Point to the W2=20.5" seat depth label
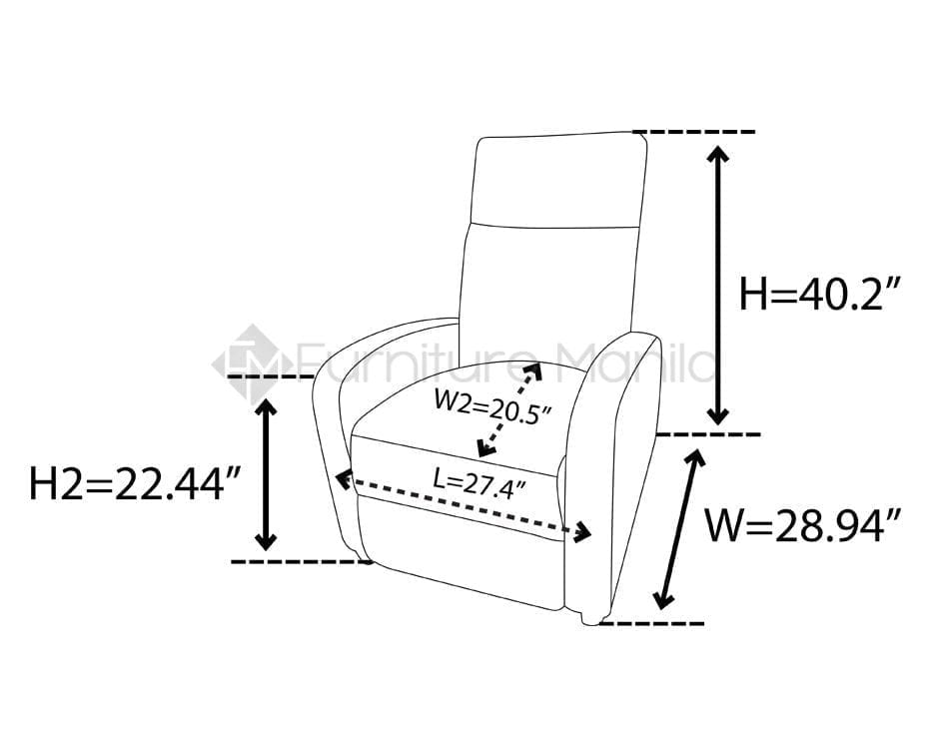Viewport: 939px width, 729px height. (x=491, y=406)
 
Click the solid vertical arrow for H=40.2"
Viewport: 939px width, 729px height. (x=718, y=284)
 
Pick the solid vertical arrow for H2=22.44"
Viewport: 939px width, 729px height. (x=265, y=473)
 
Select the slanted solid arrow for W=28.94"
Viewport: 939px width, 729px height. (x=680, y=528)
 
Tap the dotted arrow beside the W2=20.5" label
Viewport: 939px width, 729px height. (x=509, y=409)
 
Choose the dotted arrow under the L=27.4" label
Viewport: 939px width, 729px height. (x=465, y=507)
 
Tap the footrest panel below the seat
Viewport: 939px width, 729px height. (x=460, y=554)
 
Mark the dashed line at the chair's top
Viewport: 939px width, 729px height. (x=693, y=132)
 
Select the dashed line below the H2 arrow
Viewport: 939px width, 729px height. (x=300, y=561)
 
